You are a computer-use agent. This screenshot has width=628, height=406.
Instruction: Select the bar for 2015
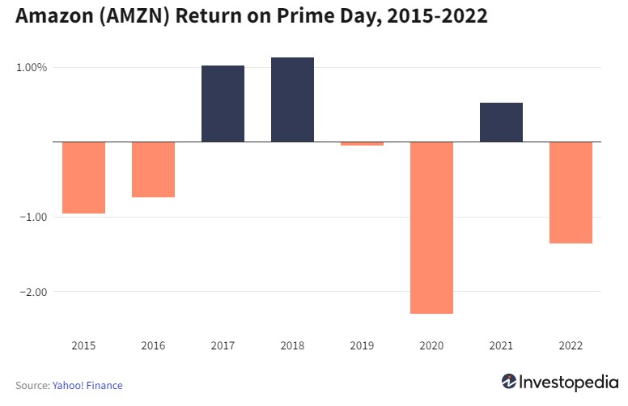pyautogui.click(x=83, y=177)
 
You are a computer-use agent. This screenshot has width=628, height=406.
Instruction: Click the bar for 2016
pyautogui.click(x=153, y=169)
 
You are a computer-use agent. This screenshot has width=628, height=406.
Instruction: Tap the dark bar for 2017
pyautogui.click(x=223, y=104)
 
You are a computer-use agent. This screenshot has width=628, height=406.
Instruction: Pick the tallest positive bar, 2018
pyautogui.click(x=292, y=99)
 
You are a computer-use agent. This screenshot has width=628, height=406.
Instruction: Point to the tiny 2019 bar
pyautogui.click(x=362, y=143)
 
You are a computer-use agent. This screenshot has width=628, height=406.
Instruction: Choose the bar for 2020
pyautogui.click(x=431, y=227)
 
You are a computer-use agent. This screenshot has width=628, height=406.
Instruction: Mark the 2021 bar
pyautogui.click(x=501, y=122)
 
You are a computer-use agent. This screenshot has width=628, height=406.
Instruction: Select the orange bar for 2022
pyautogui.click(x=571, y=192)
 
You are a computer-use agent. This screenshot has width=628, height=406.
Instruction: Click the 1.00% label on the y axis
pyautogui.click(x=32, y=68)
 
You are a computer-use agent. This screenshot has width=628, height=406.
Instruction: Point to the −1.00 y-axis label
pyautogui.click(x=32, y=217)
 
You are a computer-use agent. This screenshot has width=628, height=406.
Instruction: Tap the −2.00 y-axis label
pyautogui.click(x=32, y=292)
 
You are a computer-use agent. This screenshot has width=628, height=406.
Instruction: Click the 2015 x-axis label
pyautogui.click(x=83, y=345)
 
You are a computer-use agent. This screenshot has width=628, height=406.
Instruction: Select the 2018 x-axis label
pyautogui.click(x=292, y=345)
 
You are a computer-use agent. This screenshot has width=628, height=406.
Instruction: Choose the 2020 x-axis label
pyautogui.click(x=431, y=345)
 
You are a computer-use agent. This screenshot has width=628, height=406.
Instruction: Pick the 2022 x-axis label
pyautogui.click(x=571, y=345)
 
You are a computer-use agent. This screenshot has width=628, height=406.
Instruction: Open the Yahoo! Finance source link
pyautogui.click(x=87, y=386)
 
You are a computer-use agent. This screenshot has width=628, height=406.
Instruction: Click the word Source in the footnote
pyautogui.click(x=32, y=386)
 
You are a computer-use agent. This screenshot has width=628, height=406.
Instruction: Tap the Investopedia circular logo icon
pyautogui.click(x=509, y=382)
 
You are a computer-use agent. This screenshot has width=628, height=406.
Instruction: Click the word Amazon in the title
pyautogui.click(x=53, y=16)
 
